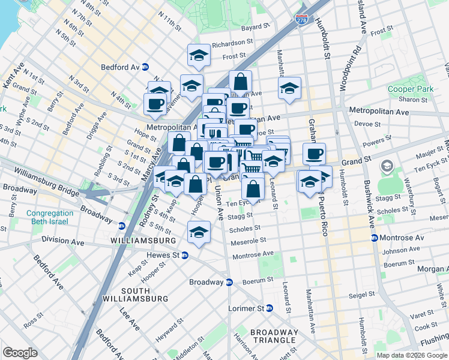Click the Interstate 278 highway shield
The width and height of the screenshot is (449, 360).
click(x=301, y=20)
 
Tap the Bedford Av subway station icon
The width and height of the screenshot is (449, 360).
click(x=154, y=67)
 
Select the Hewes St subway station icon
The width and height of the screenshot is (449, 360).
click(x=185, y=255)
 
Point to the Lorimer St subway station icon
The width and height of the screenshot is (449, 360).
click(x=270, y=308)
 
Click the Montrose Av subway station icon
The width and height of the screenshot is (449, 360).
click(x=375, y=238)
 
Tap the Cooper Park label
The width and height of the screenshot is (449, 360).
click(x=410, y=89)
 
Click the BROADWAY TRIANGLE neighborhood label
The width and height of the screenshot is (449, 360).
click(x=274, y=337)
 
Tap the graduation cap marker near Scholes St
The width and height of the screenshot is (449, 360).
click(x=199, y=232)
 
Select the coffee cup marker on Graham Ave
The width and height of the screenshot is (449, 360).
click(x=314, y=154)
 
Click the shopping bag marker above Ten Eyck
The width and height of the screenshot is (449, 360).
click(x=253, y=187)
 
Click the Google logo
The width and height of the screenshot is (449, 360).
click(x=20, y=353)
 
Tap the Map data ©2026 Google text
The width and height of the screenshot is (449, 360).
click(x=412, y=355)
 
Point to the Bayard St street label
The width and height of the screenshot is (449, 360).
click(x=256, y=27)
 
